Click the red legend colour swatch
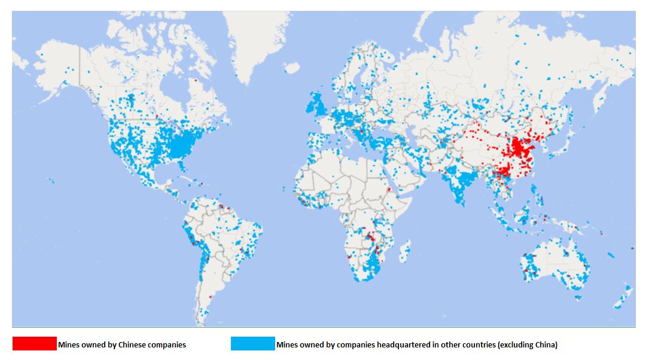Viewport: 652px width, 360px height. pos(34,344)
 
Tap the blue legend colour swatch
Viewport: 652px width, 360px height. pos(253,344)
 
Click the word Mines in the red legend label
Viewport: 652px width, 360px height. pos(69,344)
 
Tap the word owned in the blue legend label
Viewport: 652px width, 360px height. pos(311,344)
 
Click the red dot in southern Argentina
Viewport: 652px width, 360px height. pos(211,296)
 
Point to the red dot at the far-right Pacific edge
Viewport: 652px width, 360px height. pos(633,248)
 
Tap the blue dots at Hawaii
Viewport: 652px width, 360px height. pos(52,180)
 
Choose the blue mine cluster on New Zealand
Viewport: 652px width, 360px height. pos(623,297)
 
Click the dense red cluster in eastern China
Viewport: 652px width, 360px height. pos(518,147)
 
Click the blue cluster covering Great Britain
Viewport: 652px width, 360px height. pos(315,106)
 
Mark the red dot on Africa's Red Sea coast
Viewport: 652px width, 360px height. pos(389,190)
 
